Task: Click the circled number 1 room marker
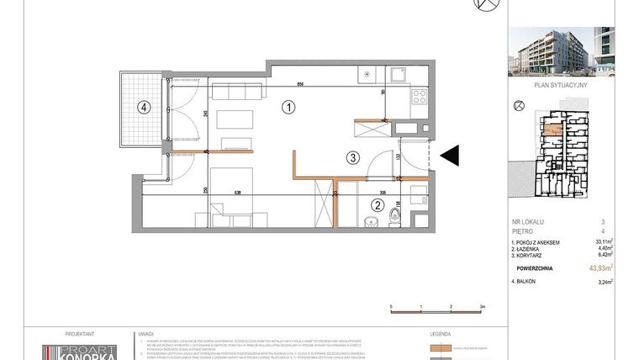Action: tap(288, 108)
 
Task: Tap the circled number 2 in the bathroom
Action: tap(378, 204)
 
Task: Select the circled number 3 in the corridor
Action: tap(353, 156)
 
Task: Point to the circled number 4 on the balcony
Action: tap(145, 107)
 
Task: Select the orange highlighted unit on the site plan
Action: tap(552, 130)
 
